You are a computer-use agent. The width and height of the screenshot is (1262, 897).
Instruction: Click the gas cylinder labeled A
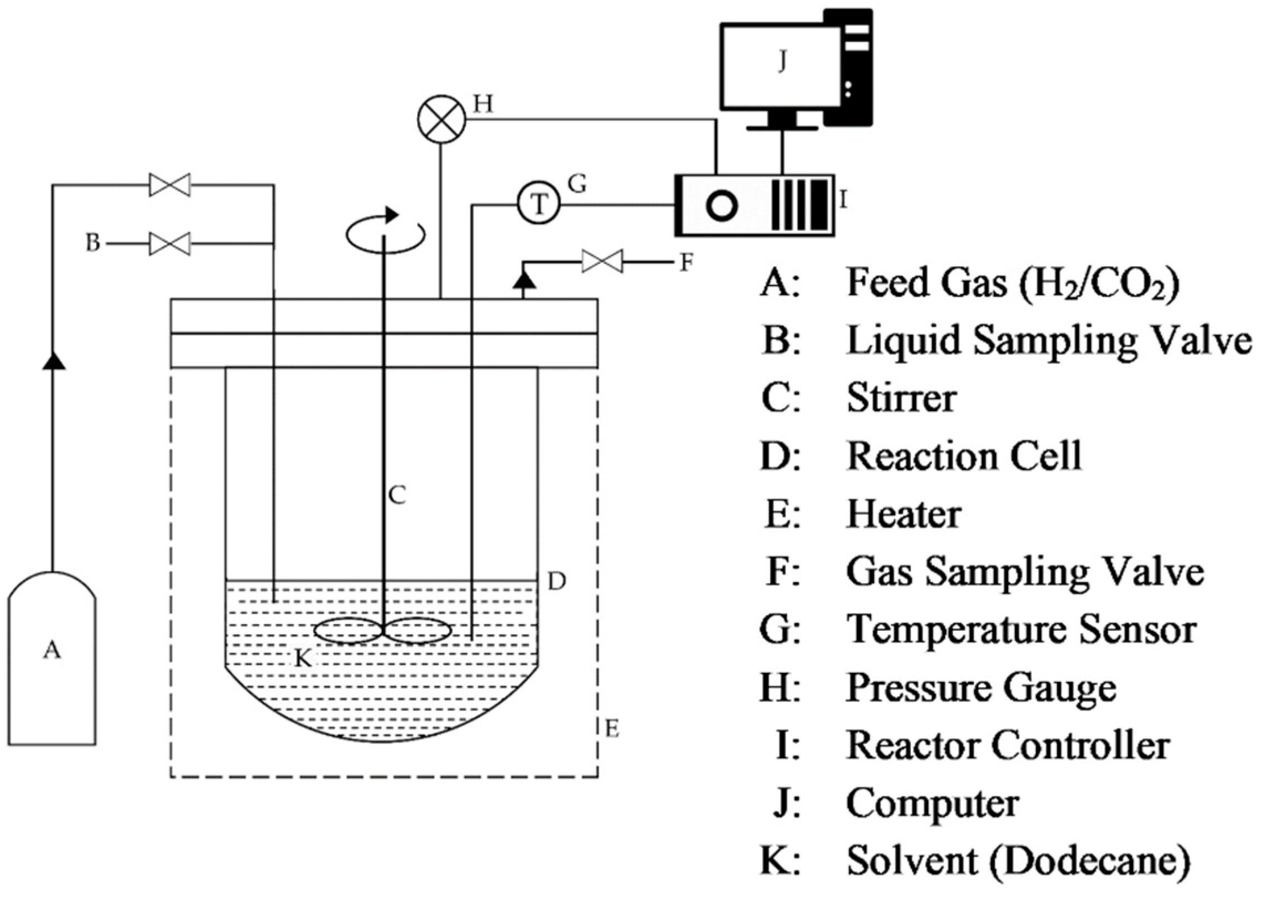(52, 659)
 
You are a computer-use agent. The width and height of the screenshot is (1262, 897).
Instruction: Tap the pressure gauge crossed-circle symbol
(441, 121)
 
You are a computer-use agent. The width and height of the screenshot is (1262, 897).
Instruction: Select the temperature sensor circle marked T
(539, 205)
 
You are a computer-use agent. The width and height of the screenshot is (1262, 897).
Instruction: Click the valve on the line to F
(602, 261)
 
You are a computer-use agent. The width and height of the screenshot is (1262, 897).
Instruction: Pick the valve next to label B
(170, 243)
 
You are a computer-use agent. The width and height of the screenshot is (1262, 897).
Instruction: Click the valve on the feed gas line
(170, 185)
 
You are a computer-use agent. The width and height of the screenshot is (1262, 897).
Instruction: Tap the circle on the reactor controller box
(722, 205)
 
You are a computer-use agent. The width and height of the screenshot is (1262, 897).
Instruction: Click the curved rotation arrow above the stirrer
(386, 232)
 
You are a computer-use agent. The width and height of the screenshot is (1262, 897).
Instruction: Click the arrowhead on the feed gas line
(54, 360)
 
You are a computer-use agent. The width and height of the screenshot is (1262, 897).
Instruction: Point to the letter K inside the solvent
(303, 658)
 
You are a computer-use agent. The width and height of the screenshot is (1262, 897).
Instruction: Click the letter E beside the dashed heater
(612, 729)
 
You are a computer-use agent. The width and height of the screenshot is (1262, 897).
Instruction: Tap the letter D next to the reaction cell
(557, 581)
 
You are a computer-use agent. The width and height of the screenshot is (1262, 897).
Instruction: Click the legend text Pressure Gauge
(981, 688)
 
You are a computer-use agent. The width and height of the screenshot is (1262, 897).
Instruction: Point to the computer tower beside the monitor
(847, 66)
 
